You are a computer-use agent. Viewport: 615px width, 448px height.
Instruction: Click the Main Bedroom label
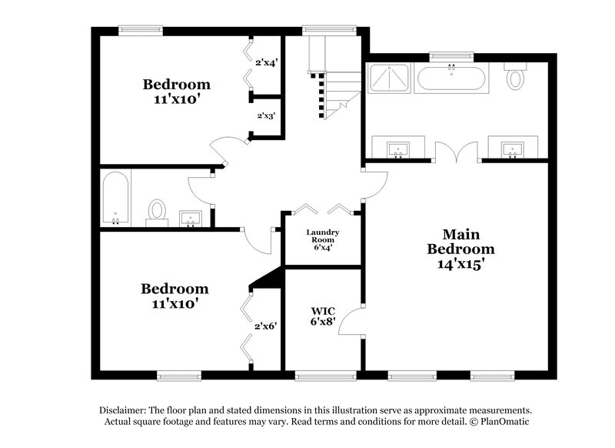[x=460, y=241]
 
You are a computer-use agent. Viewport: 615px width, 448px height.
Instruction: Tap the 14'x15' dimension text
[x=460, y=262]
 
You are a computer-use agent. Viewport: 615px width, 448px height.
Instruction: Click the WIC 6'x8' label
[x=323, y=318]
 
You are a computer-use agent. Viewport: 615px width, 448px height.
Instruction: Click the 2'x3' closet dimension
[x=266, y=116]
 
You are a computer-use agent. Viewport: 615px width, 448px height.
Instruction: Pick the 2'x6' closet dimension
[x=266, y=326]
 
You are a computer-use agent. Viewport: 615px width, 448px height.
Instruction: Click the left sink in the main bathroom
[x=398, y=147]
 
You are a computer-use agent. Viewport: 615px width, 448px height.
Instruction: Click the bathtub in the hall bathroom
[x=115, y=199]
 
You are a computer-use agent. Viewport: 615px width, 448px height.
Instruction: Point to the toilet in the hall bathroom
[x=158, y=210]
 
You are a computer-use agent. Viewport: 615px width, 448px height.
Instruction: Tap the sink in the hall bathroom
[x=190, y=219]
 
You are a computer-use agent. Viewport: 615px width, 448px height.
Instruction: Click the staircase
[x=331, y=81]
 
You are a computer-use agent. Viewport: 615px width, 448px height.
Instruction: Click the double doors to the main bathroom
[x=457, y=152]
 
